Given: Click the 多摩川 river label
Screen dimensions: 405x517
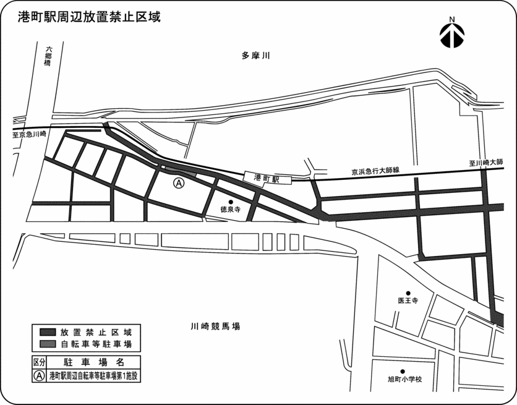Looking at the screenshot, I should pyautogui.click(x=257, y=57).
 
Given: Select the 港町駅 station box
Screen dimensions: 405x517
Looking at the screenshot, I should pyautogui.click(x=267, y=177).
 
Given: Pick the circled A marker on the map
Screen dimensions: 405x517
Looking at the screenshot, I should pyautogui.click(x=178, y=183).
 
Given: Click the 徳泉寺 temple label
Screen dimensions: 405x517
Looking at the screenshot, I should pyautogui.click(x=230, y=210).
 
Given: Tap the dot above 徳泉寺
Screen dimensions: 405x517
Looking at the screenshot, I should pyautogui.click(x=230, y=202).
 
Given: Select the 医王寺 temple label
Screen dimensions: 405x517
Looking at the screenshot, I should pyautogui.click(x=408, y=301).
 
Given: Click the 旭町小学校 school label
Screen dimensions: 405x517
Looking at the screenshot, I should pyautogui.click(x=404, y=378).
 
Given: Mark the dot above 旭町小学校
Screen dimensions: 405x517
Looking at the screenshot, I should pyautogui.click(x=403, y=370).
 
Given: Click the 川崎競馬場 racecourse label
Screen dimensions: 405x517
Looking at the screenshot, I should pyautogui.click(x=215, y=326).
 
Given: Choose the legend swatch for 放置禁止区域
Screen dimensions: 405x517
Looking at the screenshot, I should pyautogui.click(x=48, y=332).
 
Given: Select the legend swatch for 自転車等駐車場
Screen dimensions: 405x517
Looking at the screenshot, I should pyautogui.click(x=48, y=343).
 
